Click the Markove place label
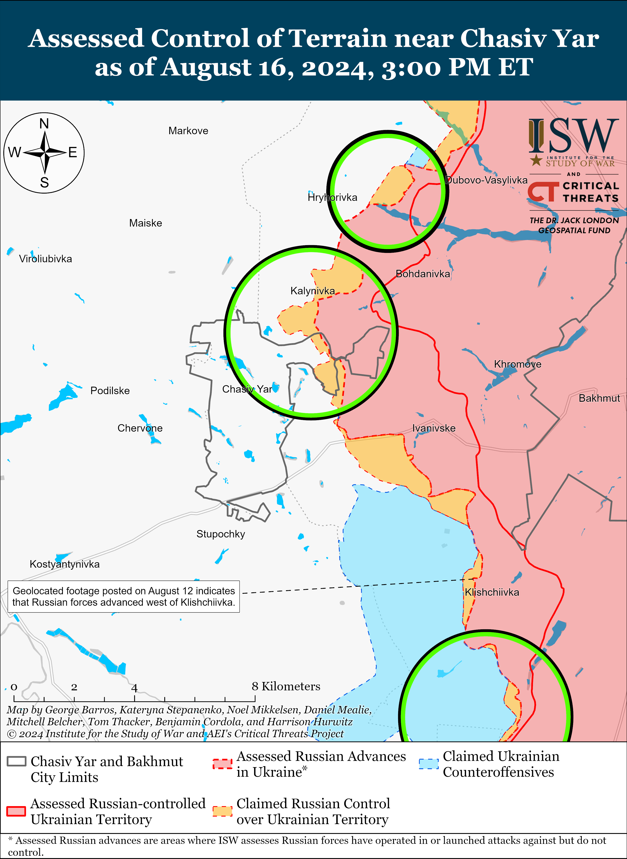(x=188, y=131)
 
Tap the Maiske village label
(x=145, y=223)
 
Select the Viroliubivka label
(x=46, y=259)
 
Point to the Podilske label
(x=110, y=391)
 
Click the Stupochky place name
(x=220, y=534)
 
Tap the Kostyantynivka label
(x=65, y=564)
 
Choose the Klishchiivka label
(x=492, y=592)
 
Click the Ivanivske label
(x=434, y=428)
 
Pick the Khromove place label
(x=518, y=365)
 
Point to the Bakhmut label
(x=599, y=398)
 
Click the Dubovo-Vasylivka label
(x=486, y=180)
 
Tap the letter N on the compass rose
(x=44, y=124)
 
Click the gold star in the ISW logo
(x=536, y=160)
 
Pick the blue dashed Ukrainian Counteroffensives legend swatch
(x=428, y=764)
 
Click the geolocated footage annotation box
(x=124, y=596)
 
